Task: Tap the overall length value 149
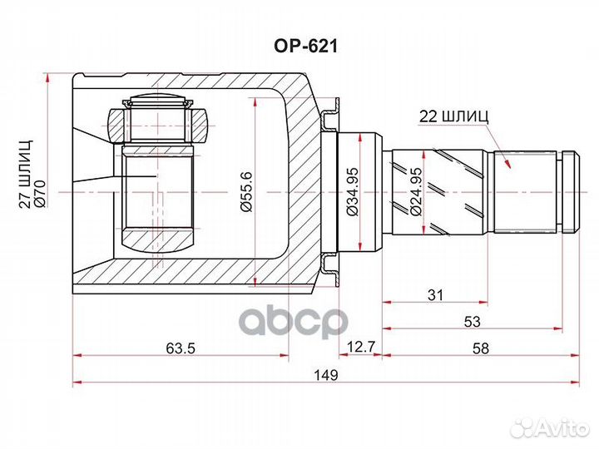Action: [327, 376]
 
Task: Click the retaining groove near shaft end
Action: [564, 192]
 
